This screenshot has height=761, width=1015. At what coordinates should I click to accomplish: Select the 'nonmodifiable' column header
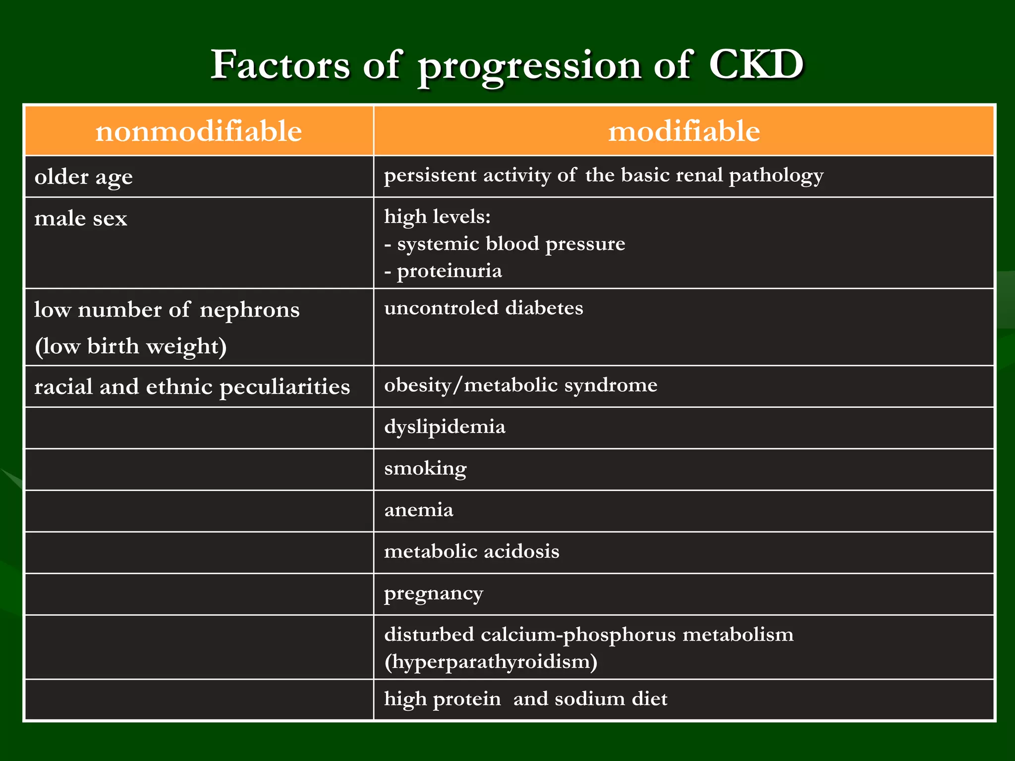click(199, 131)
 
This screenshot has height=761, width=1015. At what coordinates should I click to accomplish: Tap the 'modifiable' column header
click(684, 131)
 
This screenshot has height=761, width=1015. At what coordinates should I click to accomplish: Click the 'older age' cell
click(84, 177)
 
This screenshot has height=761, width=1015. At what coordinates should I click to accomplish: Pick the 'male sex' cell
click(81, 218)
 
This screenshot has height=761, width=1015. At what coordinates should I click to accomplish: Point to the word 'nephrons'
click(250, 310)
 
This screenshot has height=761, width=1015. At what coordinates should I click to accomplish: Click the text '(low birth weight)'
click(131, 346)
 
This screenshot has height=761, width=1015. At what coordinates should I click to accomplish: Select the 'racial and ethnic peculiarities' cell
click(192, 387)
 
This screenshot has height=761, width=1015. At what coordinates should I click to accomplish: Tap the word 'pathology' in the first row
click(776, 175)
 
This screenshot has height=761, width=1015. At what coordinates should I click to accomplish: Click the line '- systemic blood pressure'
click(505, 244)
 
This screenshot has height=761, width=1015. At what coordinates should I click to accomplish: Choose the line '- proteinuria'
click(443, 271)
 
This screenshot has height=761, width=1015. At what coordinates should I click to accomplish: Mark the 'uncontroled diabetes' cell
click(484, 308)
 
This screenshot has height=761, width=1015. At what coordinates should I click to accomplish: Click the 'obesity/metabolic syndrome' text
click(521, 385)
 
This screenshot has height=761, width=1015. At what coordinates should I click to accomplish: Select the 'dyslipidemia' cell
click(445, 427)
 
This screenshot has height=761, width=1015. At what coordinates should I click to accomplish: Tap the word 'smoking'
click(425, 469)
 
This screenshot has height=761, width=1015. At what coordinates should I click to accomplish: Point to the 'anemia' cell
click(419, 510)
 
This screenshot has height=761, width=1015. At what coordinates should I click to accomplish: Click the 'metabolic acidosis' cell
click(471, 551)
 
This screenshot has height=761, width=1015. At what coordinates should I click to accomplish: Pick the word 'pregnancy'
click(433, 594)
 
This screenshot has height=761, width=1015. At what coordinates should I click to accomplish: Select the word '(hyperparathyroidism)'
click(491, 662)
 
